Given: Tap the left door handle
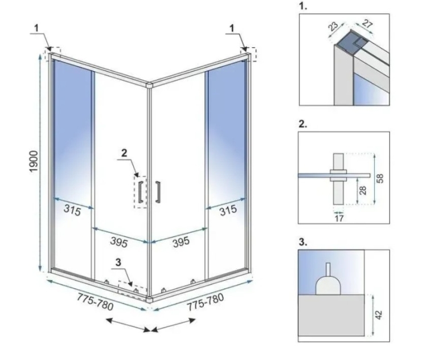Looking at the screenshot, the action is click(x=141, y=192).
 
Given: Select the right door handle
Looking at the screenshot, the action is click(x=158, y=192).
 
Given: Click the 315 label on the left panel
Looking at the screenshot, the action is click(x=72, y=210).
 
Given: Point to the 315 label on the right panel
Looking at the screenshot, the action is click(x=228, y=210).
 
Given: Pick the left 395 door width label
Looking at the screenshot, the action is click(x=119, y=242).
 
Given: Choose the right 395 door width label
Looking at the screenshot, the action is click(x=181, y=242).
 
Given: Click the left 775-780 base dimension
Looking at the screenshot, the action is click(x=95, y=302).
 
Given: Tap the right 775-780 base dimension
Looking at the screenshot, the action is click(x=205, y=302).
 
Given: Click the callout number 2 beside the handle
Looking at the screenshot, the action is click(x=124, y=153).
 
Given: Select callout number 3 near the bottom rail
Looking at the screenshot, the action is click(x=118, y=263).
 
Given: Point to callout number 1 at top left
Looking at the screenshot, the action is click(x=36, y=28).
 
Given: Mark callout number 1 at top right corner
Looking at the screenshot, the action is click(x=232, y=28).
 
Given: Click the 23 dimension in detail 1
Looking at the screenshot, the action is click(x=333, y=26).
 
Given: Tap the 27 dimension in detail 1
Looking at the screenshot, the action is click(x=367, y=24).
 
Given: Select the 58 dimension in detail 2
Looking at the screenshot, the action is click(x=380, y=178).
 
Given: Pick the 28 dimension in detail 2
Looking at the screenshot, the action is click(x=363, y=190).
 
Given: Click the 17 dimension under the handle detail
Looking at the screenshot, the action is click(x=339, y=218).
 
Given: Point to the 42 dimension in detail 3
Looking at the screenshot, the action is click(x=379, y=315).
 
